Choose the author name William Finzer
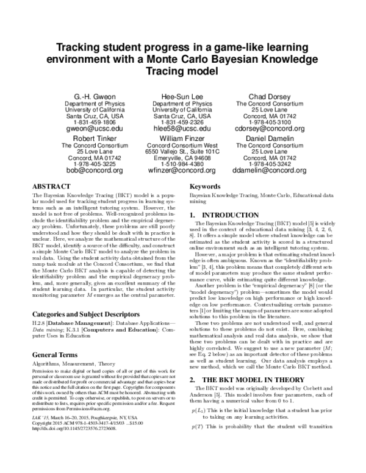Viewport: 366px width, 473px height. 182,138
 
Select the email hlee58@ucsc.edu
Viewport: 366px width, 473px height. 182,129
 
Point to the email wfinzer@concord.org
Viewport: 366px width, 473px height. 182,171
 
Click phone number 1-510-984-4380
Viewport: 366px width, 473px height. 182,163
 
